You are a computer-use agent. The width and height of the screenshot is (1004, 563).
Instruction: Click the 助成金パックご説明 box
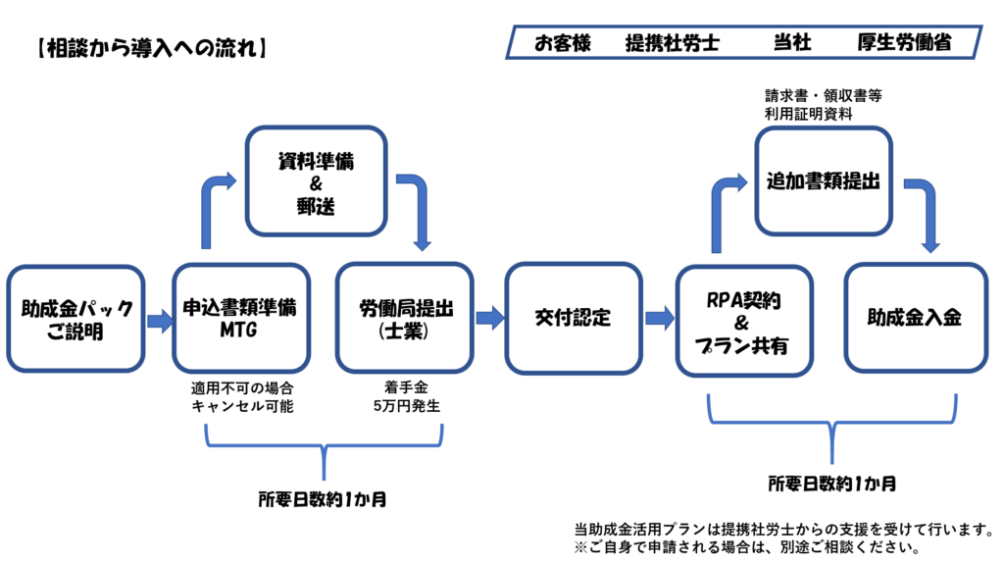point(75,319)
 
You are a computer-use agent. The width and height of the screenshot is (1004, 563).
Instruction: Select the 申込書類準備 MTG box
point(241,318)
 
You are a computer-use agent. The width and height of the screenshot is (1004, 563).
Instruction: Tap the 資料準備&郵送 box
point(317,181)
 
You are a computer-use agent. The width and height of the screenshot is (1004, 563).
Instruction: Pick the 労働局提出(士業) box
point(405,318)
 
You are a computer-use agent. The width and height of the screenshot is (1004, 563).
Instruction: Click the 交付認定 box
point(574,318)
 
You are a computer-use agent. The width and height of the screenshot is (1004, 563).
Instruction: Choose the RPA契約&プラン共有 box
point(744,322)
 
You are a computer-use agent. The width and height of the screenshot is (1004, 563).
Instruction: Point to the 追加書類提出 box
point(824,181)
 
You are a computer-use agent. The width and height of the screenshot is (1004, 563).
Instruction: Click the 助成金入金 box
point(916,318)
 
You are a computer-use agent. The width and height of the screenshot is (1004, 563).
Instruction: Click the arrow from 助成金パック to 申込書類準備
point(160,321)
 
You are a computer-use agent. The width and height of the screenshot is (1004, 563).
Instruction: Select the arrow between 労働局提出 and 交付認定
point(490,318)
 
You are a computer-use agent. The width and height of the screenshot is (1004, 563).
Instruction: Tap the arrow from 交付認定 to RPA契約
point(660,318)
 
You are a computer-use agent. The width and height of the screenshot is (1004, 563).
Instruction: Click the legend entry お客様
point(563,43)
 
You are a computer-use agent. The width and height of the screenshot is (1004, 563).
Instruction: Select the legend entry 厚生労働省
point(904,43)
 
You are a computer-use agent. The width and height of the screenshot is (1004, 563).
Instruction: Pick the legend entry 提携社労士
point(673,43)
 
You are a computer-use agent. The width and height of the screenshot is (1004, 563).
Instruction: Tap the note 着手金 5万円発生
point(407,396)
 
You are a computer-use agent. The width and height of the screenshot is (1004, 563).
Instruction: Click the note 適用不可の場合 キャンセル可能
point(242,397)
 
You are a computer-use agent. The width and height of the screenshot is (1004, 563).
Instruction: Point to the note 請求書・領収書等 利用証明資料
point(824,104)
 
